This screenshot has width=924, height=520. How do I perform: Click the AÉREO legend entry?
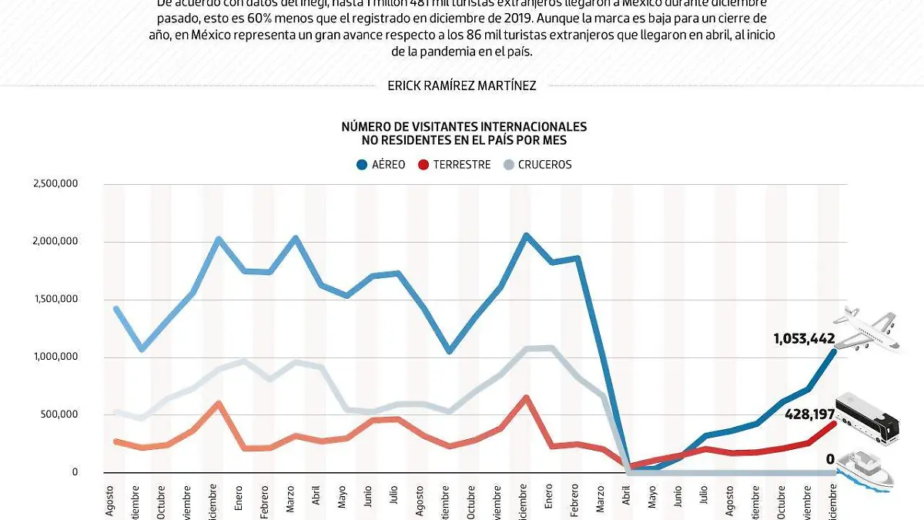(x=381, y=164)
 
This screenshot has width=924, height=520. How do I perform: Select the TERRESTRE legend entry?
(x=454, y=164)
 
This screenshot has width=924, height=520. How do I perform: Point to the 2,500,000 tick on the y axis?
(x=55, y=183)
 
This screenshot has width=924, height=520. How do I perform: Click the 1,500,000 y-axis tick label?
(x=55, y=299)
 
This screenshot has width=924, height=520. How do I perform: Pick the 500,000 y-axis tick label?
(x=61, y=414)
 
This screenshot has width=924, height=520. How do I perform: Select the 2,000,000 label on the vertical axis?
(x=55, y=241)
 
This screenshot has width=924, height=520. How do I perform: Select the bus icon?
(x=867, y=418)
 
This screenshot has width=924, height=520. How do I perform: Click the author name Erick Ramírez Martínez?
(x=462, y=86)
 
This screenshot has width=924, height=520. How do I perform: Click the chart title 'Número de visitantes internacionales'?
(x=464, y=126)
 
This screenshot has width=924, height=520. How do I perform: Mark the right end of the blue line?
(x=835, y=351)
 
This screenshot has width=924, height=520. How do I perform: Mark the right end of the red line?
(x=835, y=423)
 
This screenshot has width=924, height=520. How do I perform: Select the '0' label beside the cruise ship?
(x=830, y=460)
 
